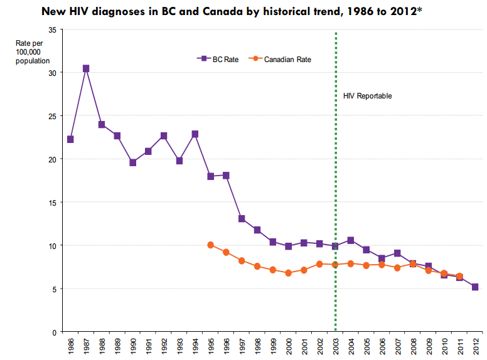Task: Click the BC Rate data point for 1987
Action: coord(86,68)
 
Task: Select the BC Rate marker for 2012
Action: coord(475,287)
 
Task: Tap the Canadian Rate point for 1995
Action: coord(210,245)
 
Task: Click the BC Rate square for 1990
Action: coord(132,162)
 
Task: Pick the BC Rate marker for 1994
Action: coord(195,134)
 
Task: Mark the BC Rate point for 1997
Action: coord(242,219)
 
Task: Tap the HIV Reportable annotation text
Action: coord(367,96)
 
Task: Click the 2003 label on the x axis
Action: coord(335,347)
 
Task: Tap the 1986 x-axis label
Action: coord(70,347)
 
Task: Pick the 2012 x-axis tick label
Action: coord(475,347)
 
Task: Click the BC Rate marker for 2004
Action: coord(351,241)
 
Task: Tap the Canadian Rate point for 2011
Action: coord(459,276)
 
